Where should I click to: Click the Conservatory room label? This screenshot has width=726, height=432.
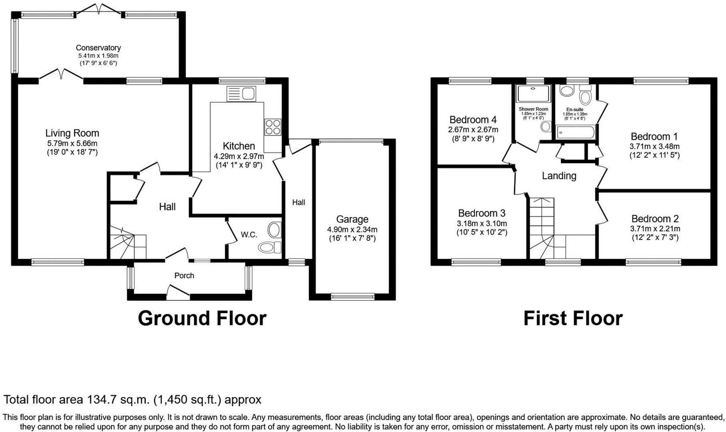[98, 48]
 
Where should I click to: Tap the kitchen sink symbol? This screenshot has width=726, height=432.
[241, 94]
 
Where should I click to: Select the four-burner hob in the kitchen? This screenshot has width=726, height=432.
[272, 127]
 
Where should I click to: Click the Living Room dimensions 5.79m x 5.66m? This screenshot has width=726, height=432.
[72, 143]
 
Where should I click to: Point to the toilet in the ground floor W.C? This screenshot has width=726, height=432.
[270, 247]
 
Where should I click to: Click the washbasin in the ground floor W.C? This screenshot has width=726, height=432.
[274, 230]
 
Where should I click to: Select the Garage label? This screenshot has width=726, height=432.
[352, 219]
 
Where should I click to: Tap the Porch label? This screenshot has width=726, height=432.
[184, 276]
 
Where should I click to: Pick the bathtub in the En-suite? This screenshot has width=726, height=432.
[575, 132]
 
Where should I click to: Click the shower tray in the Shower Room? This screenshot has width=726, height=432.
[533, 94]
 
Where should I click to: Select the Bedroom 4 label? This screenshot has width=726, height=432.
[473, 120]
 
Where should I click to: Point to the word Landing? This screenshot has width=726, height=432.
[559, 176]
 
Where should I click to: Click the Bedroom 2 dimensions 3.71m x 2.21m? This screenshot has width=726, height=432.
[655, 229]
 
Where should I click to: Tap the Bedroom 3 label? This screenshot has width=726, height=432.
[481, 213]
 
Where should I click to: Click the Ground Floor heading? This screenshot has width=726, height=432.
[202, 318]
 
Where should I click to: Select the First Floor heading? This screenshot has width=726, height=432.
[573, 318]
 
